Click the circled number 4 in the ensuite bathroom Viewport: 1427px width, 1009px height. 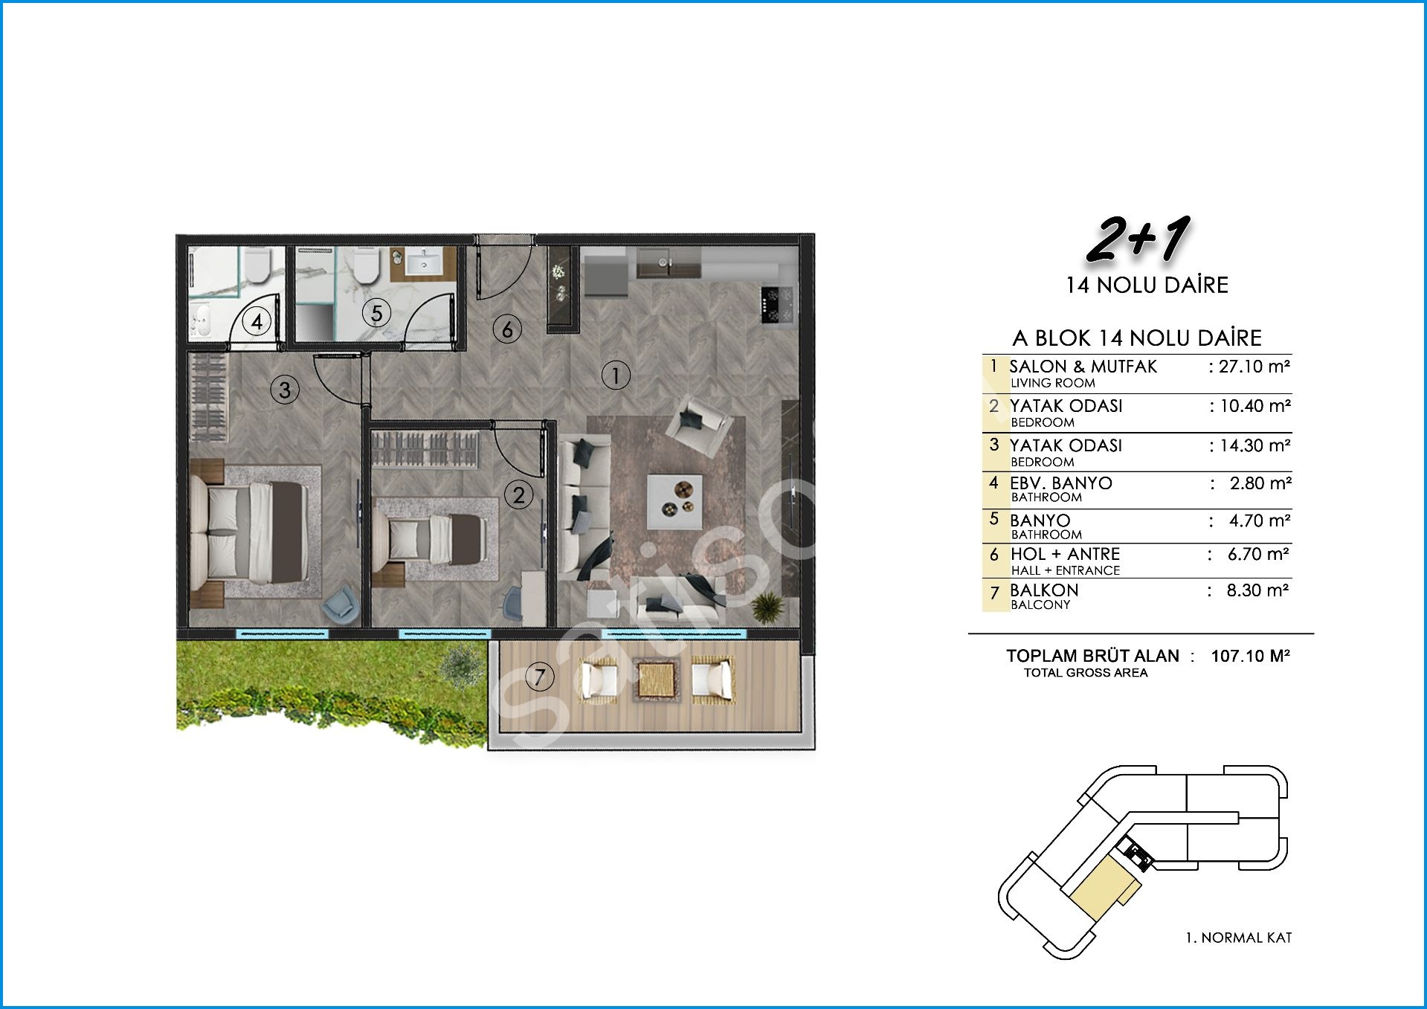point(257,322)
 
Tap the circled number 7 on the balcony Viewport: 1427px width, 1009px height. point(540,677)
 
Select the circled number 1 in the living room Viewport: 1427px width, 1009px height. point(616,375)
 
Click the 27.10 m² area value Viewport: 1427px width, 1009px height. point(1254,366)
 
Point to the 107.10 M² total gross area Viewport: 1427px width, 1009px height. point(1250,656)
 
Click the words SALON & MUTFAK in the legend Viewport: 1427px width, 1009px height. point(1083,367)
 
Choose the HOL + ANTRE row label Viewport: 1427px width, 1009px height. point(1065,554)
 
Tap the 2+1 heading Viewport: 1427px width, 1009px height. point(1138,240)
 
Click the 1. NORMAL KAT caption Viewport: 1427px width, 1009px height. point(1239,938)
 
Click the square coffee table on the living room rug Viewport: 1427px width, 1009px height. point(674,502)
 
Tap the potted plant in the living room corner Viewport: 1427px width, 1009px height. point(767,607)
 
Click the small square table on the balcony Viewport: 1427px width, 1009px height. point(657,679)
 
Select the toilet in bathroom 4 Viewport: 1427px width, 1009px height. point(257,265)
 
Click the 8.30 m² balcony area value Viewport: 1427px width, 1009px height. point(1257,590)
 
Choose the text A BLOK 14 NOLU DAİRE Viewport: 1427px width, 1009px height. point(1137,338)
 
